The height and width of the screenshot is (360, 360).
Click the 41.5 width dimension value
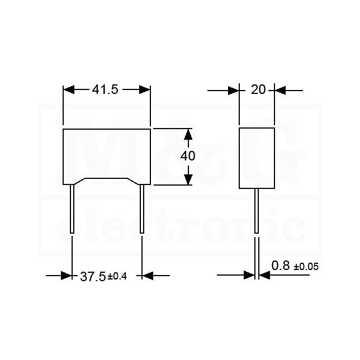(105, 89)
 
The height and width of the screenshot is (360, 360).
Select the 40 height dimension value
(188, 156)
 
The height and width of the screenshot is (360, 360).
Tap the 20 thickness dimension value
(258, 89)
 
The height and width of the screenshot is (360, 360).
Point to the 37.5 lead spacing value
(93, 276)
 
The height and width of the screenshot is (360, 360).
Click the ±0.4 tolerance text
(117, 276)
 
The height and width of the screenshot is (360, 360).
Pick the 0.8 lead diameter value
(281, 266)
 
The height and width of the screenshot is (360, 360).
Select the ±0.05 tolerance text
(306, 267)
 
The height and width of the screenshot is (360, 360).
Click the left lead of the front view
(72, 209)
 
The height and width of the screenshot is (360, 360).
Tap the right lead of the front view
(142, 209)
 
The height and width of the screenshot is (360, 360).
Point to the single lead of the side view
(257, 211)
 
